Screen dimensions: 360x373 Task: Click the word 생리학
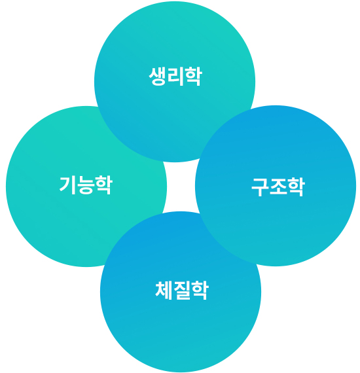175,77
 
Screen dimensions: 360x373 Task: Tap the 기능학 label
86,185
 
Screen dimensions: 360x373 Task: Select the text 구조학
278,187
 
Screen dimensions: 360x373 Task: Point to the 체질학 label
182,290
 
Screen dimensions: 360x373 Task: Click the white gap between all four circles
181,186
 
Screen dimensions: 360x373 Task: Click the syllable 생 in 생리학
158,77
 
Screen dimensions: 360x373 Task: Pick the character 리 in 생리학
175,77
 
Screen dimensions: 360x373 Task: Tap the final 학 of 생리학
194,77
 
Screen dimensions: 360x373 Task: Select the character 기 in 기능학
67,185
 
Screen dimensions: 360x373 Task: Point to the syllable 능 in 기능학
86,186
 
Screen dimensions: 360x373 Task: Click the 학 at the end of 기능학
103,185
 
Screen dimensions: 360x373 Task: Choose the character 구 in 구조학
260,187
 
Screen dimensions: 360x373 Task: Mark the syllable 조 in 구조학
278,186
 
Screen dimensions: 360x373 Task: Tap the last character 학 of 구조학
296,187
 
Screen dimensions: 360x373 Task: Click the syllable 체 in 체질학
164,290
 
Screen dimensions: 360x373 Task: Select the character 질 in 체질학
182,290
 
